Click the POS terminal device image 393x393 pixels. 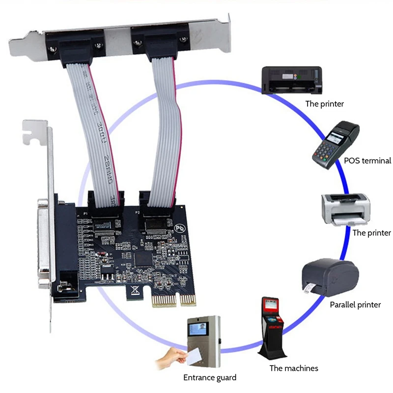(x=336, y=144)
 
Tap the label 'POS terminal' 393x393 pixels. (x=367, y=161)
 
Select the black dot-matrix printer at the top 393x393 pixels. (x=291, y=81)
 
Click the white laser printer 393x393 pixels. (x=345, y=209)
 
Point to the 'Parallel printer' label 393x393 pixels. (x=355, y=305)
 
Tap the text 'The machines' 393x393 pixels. (x=294, y=368)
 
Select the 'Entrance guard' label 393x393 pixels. (x=210, y=378)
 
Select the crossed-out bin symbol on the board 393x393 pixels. (x=134, y=291)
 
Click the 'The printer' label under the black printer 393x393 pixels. (x=324, y=104)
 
